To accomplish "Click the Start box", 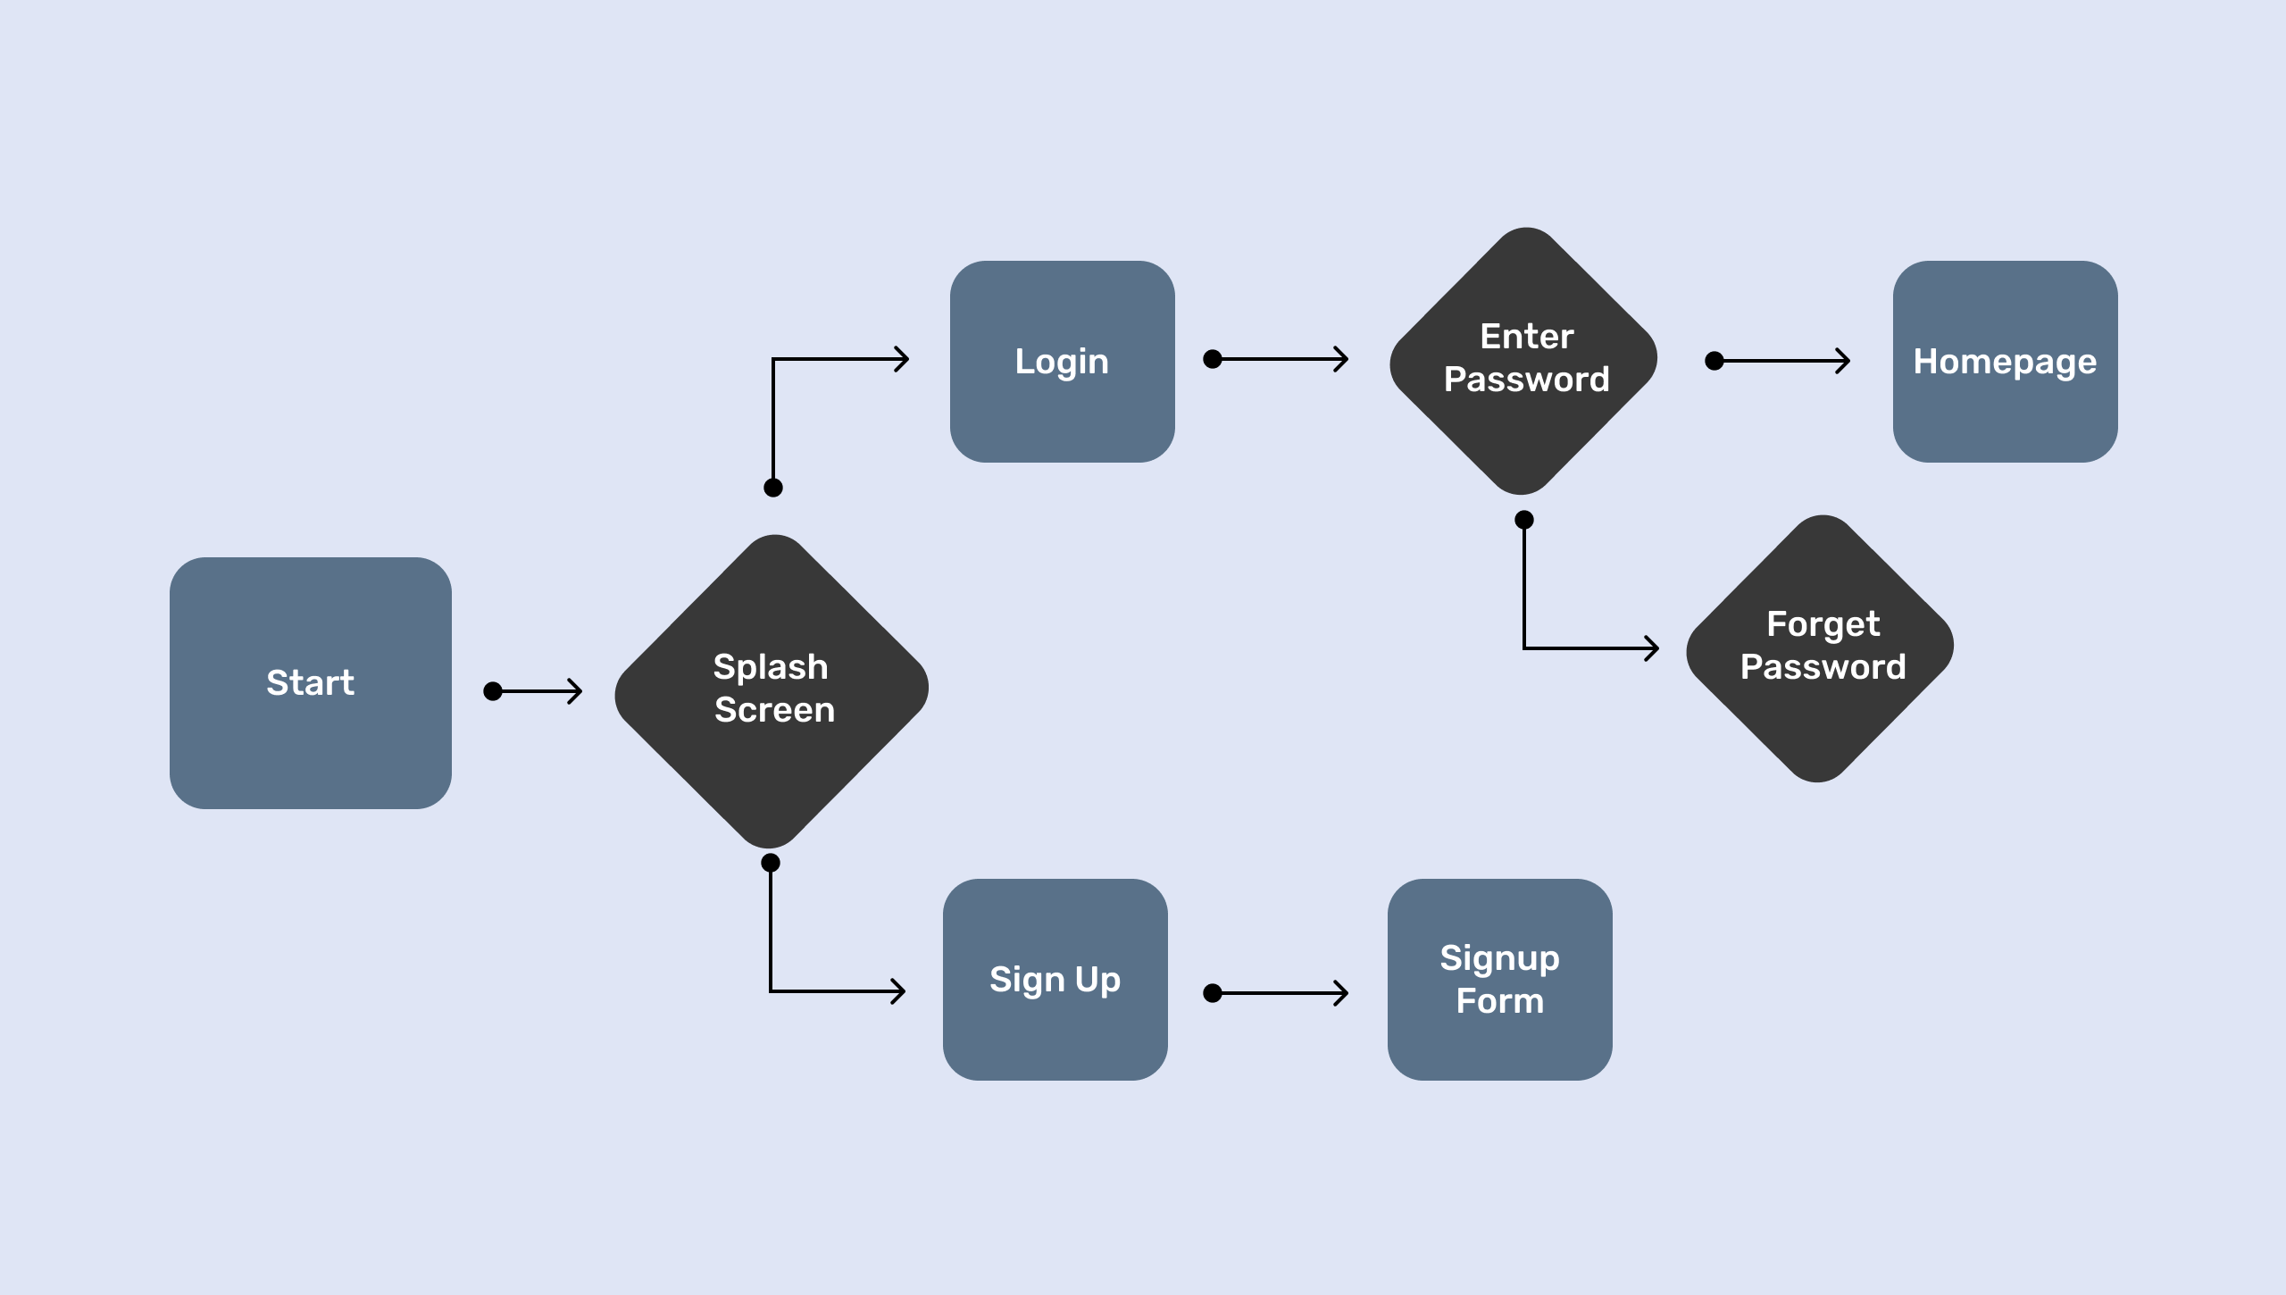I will click(x=310, y=683).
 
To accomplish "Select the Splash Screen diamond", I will click(x=772, y=689).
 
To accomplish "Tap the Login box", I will click(x=1062, y=362).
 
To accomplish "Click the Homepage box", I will click(x=2005, y=362).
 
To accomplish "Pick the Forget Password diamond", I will click(x=1821, y=647).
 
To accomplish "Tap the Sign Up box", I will click(x=1055, y=980).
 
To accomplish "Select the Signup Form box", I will click(x=1499, y=980).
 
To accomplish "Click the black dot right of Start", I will click(x=493, y=691).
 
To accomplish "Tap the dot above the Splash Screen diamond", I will click(x=773, y=488).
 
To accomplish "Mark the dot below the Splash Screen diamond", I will click(x=771, y=863).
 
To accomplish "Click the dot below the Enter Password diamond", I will click(x=1524, y=520).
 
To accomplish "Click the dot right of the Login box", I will click(x=1213, y=359).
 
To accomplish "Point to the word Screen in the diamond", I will click(x=774, y=710).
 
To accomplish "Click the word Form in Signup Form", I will click(x=1499, y=1001).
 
